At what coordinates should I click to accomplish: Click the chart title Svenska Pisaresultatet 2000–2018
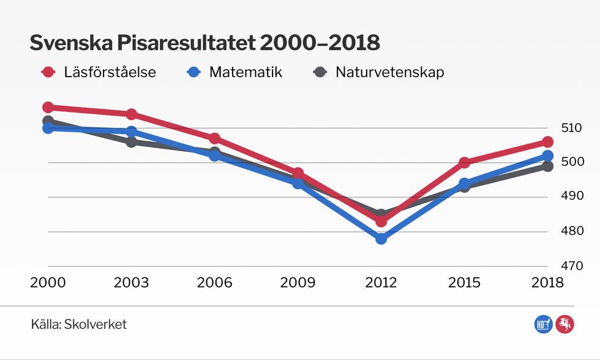(x=205, y=43)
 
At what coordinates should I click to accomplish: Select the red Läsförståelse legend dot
(x=48, y=72)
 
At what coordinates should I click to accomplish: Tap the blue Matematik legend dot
(x=193, y=72)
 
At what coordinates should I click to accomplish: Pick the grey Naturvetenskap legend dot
(x=320, y=72)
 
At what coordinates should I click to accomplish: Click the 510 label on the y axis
(x=571, y=128)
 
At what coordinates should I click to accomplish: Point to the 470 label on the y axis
(x=571, y=266)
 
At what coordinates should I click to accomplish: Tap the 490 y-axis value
(x=571, y=197)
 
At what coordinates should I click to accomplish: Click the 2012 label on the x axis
(x=381, y=283)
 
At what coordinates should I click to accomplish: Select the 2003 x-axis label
(x=132, y=283)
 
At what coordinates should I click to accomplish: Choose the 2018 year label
(x=547, y=283)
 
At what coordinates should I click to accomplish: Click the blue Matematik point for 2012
(x=381, y=239)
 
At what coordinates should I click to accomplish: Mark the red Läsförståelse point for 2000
(x=48, y=107)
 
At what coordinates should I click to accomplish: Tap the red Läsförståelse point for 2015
(x=464, y=163)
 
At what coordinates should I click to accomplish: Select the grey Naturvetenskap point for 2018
(x=547, y=167)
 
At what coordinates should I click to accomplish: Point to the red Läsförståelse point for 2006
(x=214, y=139)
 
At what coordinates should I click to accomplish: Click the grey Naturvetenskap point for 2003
(x=131, y=142)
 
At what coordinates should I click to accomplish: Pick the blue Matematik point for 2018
(x=547, y=156)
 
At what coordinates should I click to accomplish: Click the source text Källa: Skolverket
(x=79, y=324)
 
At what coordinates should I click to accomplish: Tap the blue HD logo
(x=542, y=324)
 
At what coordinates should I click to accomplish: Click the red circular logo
(x=564, y=324)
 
